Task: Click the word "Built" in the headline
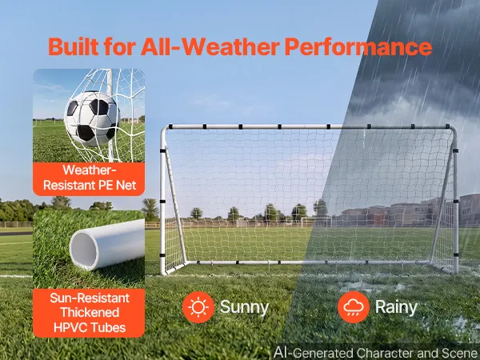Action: point(74,46)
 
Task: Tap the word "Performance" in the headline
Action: point(358,46)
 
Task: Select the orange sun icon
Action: point(198,307)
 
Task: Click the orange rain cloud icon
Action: point(354,307)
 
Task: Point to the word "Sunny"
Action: point(244,307)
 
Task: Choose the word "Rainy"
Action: point(396,307)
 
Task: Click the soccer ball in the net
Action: point(92,118)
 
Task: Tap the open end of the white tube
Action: point(83,250)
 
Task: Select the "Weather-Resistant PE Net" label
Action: point(89,178)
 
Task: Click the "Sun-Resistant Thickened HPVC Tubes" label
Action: point(89,313)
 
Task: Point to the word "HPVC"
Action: point(68,327)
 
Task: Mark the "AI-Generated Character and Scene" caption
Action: point(376,353)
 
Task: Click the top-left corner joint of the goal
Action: point(164,129)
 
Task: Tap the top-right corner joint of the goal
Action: point(453,129)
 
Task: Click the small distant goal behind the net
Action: point(316,222)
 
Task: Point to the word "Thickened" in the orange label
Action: point(90,313)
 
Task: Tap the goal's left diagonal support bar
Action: point(175,206)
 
